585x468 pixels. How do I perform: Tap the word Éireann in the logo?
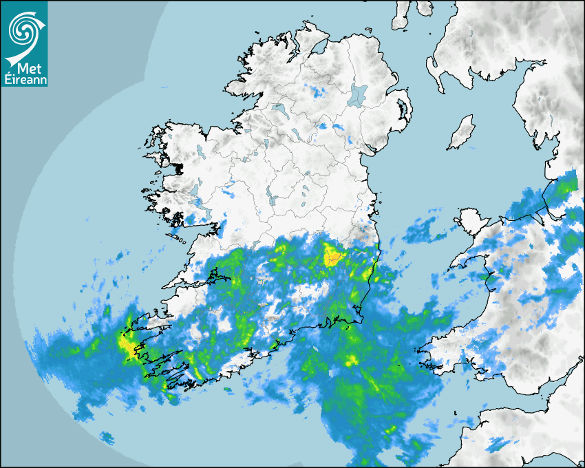pyautogui.click(x=24, y=79)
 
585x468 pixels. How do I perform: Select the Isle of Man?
pyautogui.click(x=461, y=133)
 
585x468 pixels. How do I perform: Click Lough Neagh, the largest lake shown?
pyautogui.click(x=358, y=94)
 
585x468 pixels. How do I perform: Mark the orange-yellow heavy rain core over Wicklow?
pyautogui.click(x=334, y=257)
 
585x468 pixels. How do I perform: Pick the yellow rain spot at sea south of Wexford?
pyautogui.click(x=352, y=360)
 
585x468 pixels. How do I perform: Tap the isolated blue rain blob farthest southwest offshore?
pyautogui.click(x=107, y=437)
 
